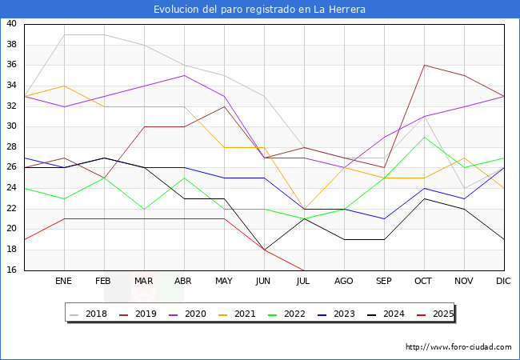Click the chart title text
point(260,10)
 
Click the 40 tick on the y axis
point(11,24)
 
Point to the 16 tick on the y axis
point(11,270)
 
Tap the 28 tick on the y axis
point(11,147)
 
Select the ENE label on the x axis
point(64,282)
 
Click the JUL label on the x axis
point(304,282)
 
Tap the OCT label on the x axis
point(424,282)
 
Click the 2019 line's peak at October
point(424,65)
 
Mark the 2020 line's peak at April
point(184,75)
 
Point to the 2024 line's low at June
point(264,250)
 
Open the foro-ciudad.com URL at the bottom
point(458,347)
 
